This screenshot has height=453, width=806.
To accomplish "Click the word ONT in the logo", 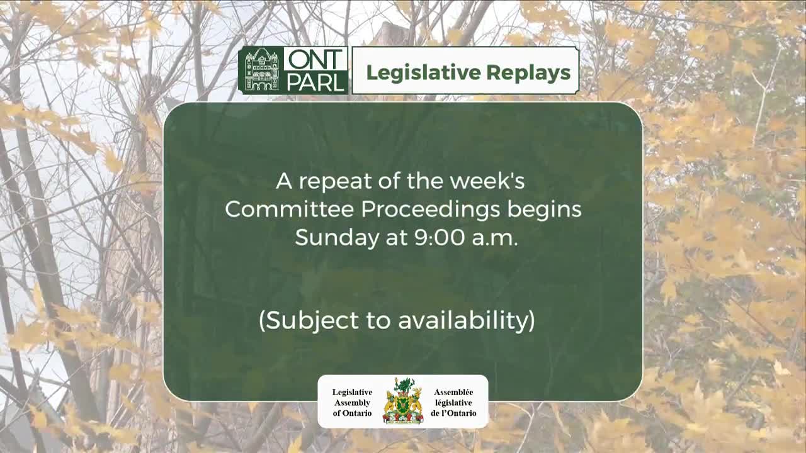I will click(x=315, y=59).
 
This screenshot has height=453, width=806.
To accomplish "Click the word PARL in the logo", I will click(x=315, y=82).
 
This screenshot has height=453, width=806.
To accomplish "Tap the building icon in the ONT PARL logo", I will click(x=261, y=70).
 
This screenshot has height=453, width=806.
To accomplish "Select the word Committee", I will click(x=290, y=209).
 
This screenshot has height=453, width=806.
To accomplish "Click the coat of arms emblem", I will click(x=403, y=401).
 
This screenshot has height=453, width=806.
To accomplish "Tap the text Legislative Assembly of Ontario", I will click(x=352, y=403).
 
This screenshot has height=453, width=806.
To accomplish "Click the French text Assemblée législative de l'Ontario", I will click(x=453, y=403).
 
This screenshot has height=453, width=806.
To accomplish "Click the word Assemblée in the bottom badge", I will click(x=453, y=392).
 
